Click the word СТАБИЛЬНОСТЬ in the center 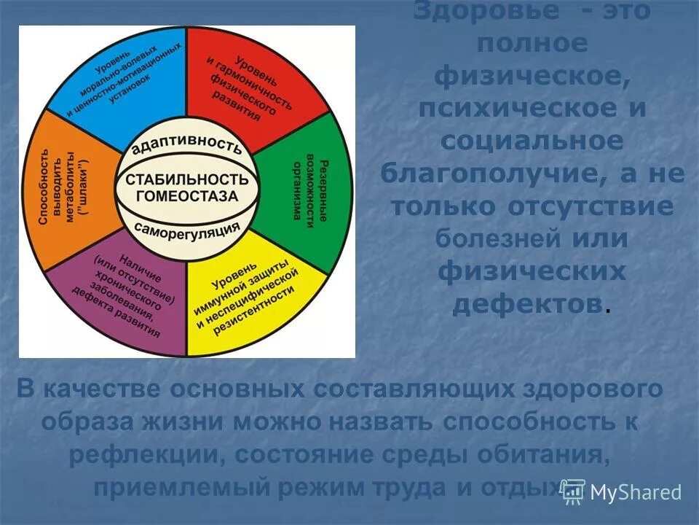[187, 179]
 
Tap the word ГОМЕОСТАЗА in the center [187, 196]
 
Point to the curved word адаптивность [187, 144]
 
